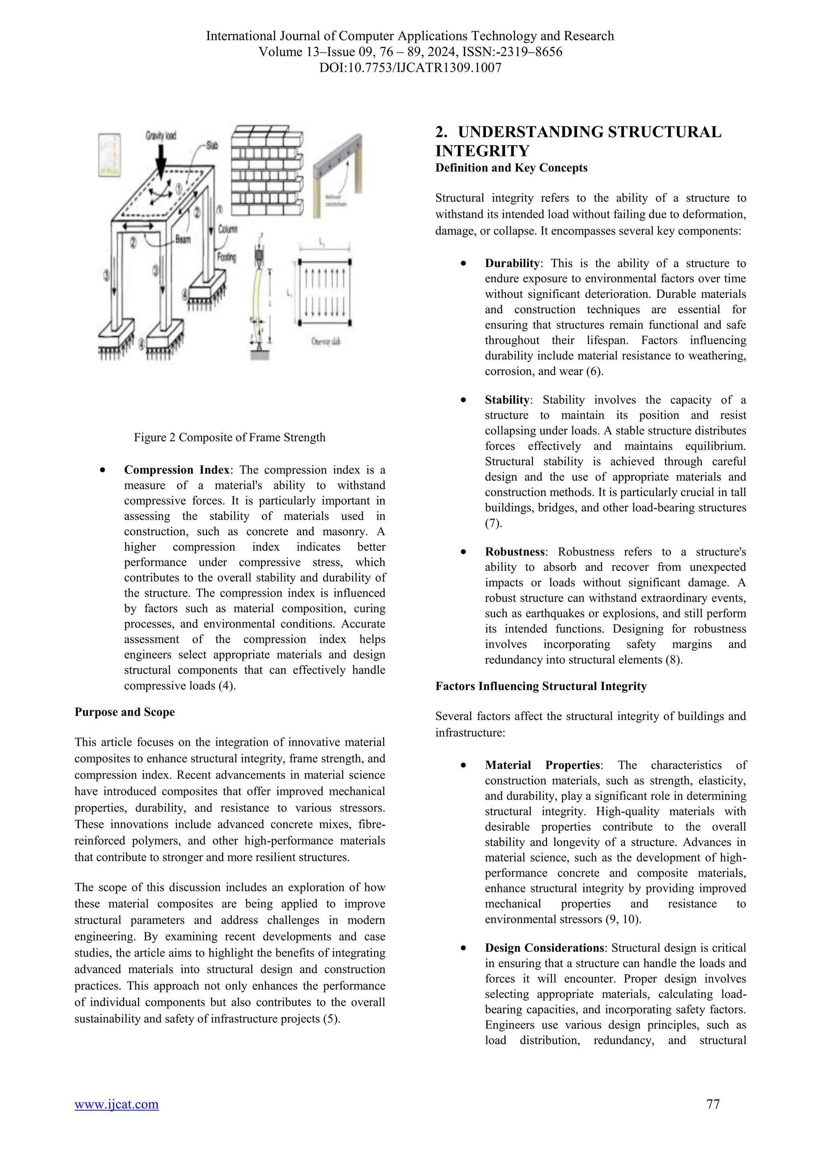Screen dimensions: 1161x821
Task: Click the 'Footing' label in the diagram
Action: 226,257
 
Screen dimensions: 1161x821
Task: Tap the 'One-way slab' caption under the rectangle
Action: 326,342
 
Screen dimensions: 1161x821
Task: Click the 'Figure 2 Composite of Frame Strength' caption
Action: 230,437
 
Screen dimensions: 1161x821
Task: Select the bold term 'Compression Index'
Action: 176,470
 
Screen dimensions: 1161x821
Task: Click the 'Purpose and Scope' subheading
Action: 124,712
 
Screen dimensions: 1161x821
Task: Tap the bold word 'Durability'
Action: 512,263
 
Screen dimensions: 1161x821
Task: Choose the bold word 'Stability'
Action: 507,400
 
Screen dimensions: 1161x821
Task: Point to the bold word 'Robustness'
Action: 515,552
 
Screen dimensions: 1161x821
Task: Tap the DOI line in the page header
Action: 410,68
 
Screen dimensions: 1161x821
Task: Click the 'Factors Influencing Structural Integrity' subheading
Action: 541,686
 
